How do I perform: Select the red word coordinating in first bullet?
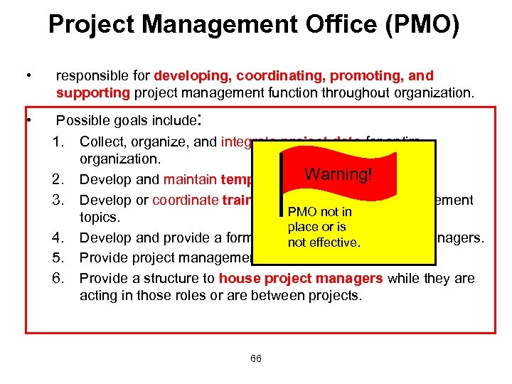273,75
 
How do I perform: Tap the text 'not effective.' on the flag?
324,242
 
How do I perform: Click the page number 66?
255,358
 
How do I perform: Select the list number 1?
60,142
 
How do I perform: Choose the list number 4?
60,238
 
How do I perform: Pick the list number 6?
60,278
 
